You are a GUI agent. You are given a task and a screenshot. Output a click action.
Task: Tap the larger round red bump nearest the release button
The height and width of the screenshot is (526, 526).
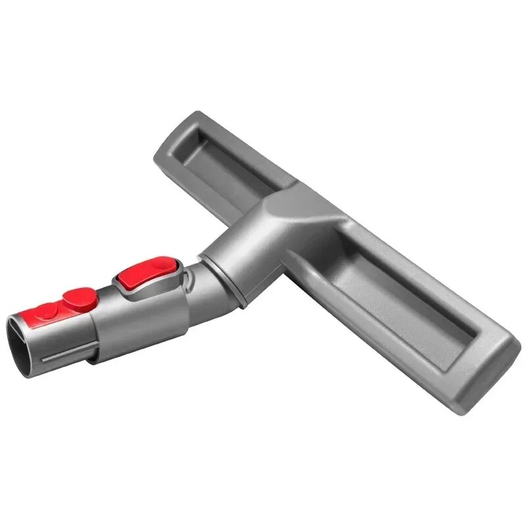click(80, 299)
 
